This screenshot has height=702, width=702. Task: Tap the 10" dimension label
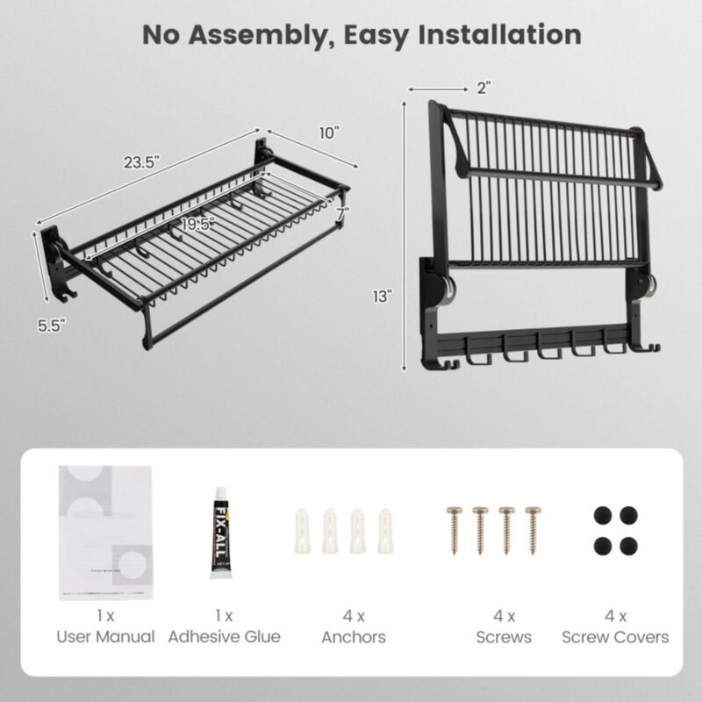pos(329,133)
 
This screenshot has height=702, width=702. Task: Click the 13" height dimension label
pos(380,296)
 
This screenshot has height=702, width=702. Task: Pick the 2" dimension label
pos(484,87)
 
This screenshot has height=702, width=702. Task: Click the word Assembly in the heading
pos(255,34)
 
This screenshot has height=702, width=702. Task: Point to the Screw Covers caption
pos(615,637)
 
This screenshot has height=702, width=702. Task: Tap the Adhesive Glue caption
pos(224,637)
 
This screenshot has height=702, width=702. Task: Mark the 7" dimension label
pos(341,213)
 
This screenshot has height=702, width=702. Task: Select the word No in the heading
pos(161,34)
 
